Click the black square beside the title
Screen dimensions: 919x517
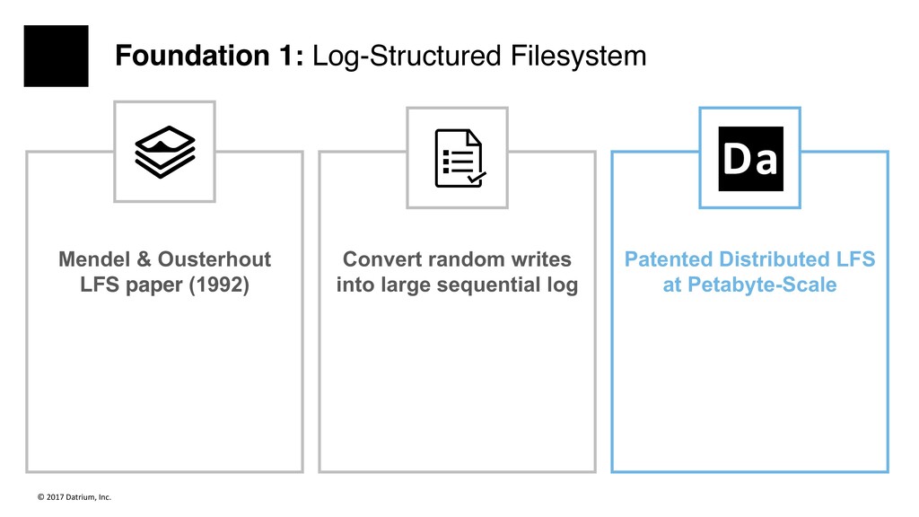(57, 56)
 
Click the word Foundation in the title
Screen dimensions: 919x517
(192, 56)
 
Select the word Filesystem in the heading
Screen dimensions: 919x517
(579, 57)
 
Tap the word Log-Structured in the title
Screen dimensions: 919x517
(407, 57)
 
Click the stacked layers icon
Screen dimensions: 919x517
(165, 152)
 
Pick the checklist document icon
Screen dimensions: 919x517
(460, 158)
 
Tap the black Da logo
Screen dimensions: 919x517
(751, 158)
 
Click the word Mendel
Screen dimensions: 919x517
(94, 259)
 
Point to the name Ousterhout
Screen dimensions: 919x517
(214, 259)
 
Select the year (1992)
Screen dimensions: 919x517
(219, 285)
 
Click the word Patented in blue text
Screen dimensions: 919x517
(668, 259)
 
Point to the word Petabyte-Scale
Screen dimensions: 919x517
(762, 285)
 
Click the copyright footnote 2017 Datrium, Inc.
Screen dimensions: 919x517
(74, 497)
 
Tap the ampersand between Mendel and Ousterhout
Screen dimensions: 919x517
(144, 259)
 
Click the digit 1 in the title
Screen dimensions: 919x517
(286, 56)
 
